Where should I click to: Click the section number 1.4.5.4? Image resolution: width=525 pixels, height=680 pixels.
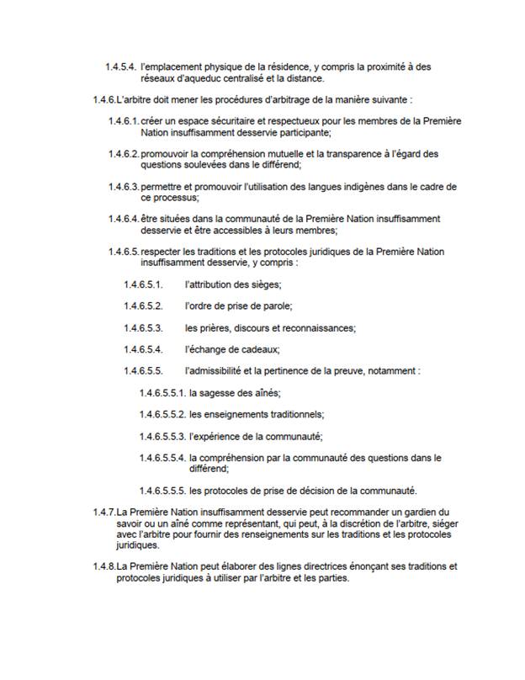pos(121,66)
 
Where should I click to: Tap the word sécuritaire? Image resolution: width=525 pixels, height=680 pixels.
pos(218,121)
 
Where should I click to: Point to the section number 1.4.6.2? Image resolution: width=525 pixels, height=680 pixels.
pos(123,154)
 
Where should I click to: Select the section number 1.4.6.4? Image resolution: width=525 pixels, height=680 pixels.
pos(123,219)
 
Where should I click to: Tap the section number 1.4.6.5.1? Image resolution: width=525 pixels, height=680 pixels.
pos(143,284)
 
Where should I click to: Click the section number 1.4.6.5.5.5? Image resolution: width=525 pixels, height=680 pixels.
pos(162,491)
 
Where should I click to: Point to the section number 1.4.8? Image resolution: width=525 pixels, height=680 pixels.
pos(104,566)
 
